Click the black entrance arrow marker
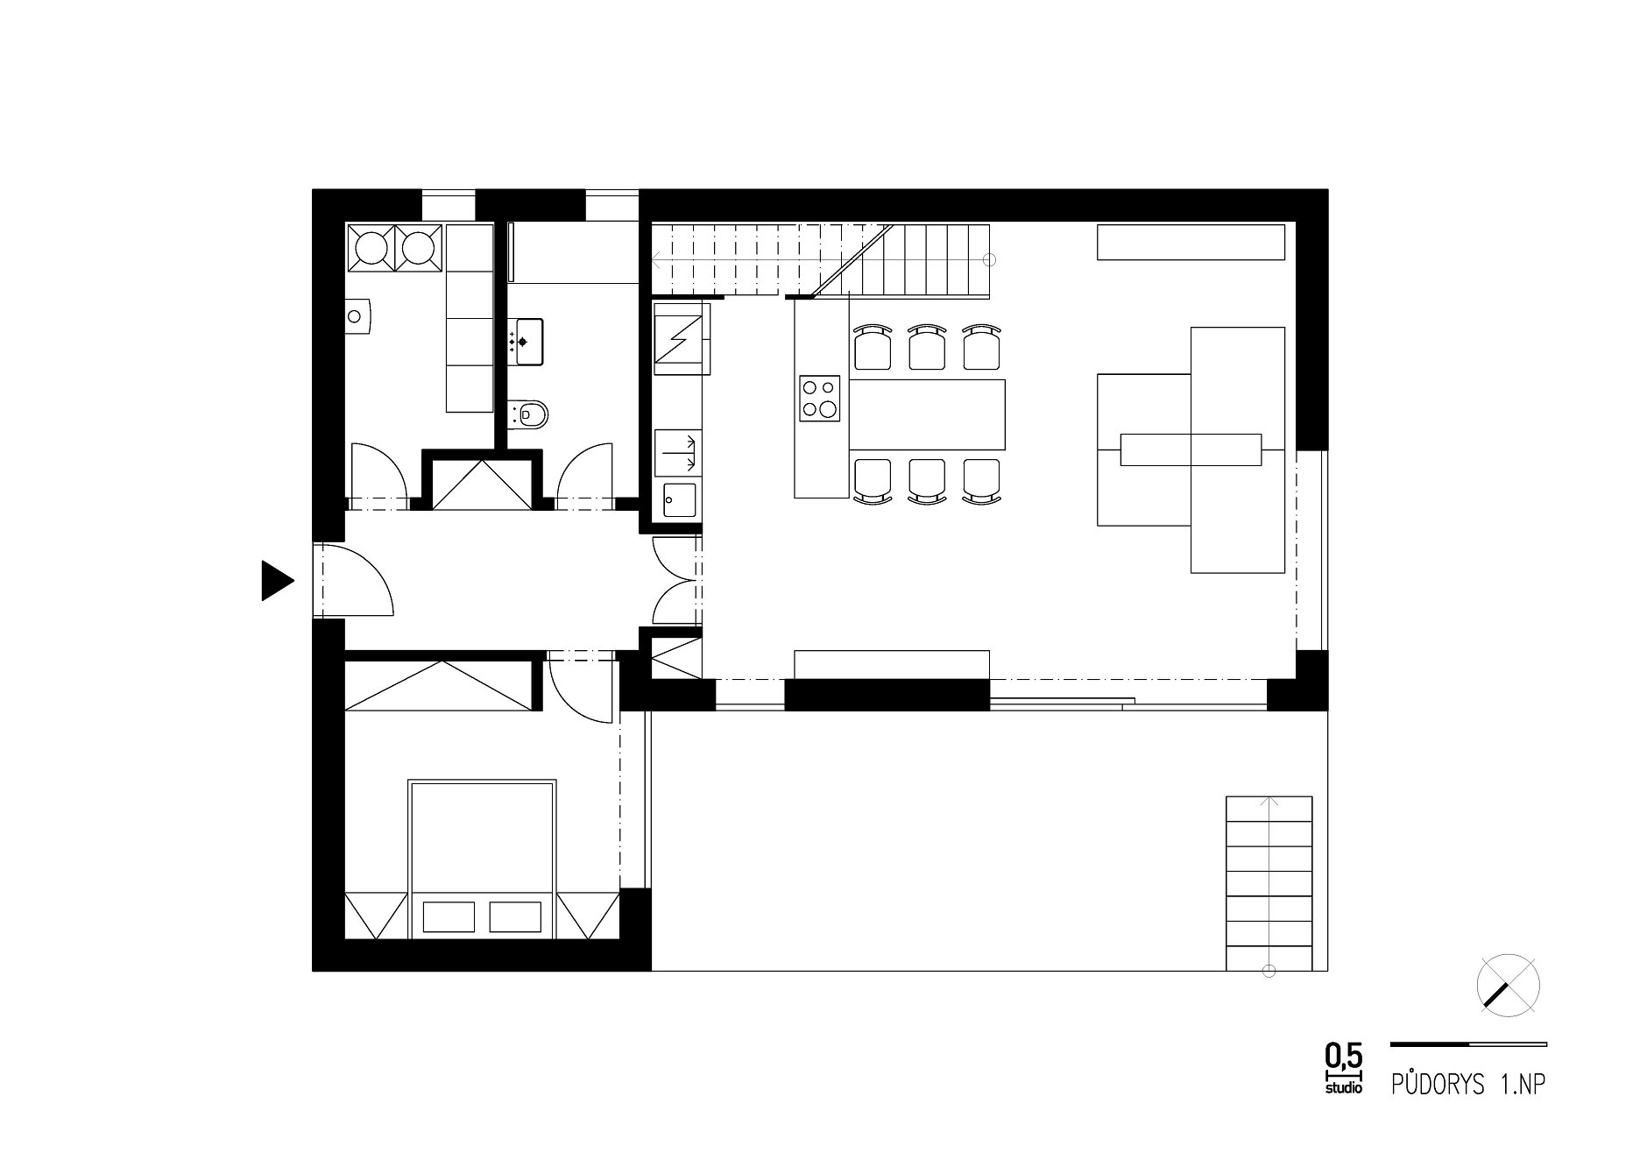click(275, 580)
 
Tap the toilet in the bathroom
click(527, 413)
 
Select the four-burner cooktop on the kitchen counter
click(820, 398)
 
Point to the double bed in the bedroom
click(482, 859)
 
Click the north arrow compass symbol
click(1508, 987)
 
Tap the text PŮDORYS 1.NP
click(1467, 1085)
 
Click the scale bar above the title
click(1468, 1044)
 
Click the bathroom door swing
click(585, 474)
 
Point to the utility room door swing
click(378, 474)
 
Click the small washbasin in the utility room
click(358, 317)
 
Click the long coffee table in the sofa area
click(1191, 449)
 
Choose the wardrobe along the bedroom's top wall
click(439, 684)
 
